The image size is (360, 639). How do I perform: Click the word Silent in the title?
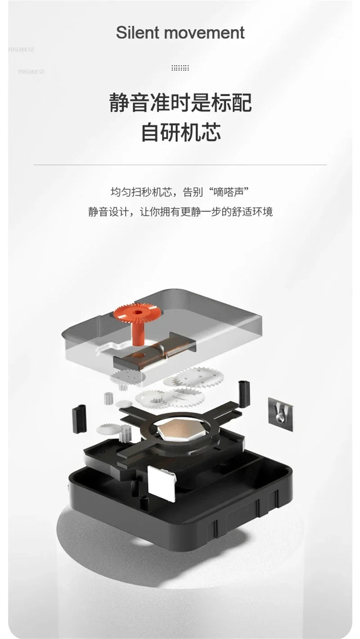[x=137, y=32]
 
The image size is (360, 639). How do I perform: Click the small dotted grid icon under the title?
[x=180, y=68]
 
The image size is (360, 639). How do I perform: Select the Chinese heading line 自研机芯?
[x=181, y=132]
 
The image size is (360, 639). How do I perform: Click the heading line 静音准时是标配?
[x=180, y=102]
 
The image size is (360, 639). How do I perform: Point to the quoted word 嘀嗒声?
[x=229, y=192]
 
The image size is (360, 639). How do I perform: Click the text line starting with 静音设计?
[x=180, y=212]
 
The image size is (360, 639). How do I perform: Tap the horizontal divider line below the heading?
[x=180, y=165]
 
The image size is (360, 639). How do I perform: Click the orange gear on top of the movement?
[x=137, y=313]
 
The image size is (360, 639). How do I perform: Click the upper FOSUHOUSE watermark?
[x=21, y=50]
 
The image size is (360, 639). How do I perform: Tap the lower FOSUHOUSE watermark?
[x=31, y=72]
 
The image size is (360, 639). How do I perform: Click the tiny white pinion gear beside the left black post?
[x=108, y=399]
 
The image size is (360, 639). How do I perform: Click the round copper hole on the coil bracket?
[x=139, y=355]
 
